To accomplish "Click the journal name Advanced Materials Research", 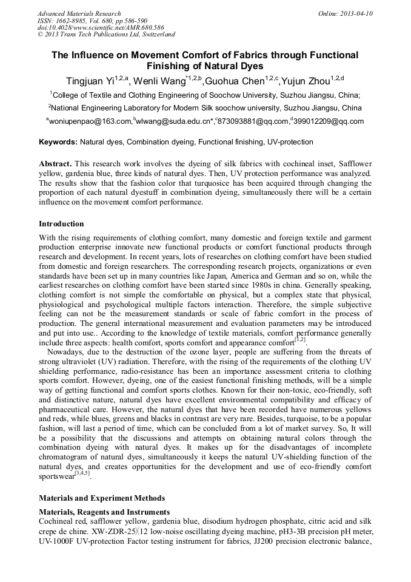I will pos(79,13).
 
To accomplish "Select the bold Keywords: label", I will pos(58,142).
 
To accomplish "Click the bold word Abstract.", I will pos(55,164).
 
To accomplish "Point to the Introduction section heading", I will pos(61,224).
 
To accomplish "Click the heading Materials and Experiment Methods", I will pos(101,498).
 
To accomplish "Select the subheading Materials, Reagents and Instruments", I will pos(104,512).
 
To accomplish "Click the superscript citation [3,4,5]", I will pos(82,473).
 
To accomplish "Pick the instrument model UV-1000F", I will pos(59,539).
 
